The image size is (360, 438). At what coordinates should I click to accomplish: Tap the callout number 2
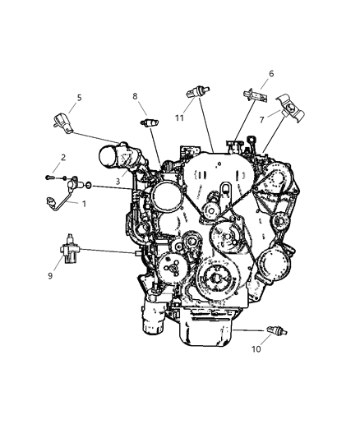(x=62, y=157)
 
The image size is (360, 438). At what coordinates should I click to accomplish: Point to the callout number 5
(x=79, y=98)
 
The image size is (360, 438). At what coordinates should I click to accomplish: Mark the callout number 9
(x=51, y=275)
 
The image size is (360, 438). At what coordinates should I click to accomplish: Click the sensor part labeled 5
(x=62, y=121)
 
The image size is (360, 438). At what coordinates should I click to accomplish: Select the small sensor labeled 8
(x=150, y=122)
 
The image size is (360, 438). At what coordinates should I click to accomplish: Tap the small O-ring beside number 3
(x=89, y=187)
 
